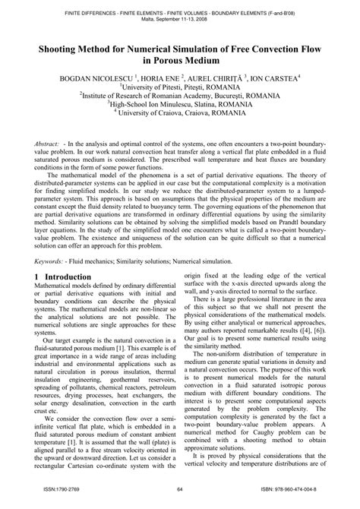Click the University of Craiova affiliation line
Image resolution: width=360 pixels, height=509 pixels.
click(x=180, y=113)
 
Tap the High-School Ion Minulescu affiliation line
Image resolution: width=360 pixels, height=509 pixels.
click(x=180, y=104)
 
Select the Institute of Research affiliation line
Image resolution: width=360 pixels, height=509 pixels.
click(x=180, y=95)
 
